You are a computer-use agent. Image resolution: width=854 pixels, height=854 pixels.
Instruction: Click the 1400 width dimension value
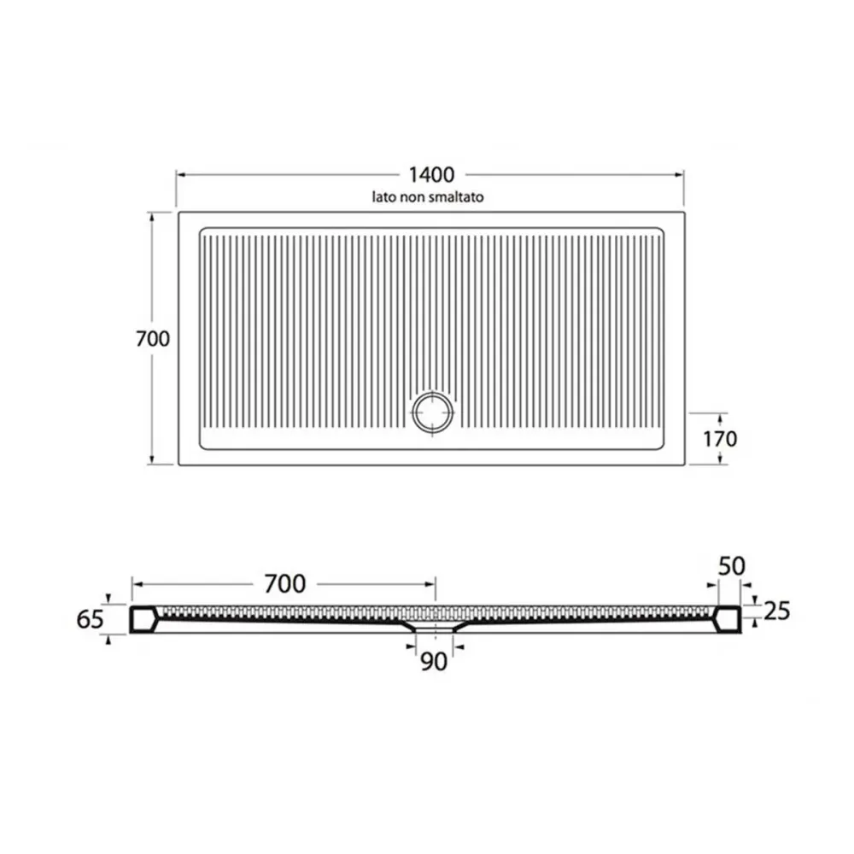431,175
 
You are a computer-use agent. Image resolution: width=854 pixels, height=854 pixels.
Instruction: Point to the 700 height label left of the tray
153,339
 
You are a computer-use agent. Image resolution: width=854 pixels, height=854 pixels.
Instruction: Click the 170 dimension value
720,438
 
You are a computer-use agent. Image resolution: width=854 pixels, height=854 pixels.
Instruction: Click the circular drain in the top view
433,412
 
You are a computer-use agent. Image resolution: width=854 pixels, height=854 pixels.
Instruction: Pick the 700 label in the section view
285,584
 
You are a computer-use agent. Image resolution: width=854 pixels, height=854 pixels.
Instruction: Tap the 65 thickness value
90,619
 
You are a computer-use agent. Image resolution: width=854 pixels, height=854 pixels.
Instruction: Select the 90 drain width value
434,661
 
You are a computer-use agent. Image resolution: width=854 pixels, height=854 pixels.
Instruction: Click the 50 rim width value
732,566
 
